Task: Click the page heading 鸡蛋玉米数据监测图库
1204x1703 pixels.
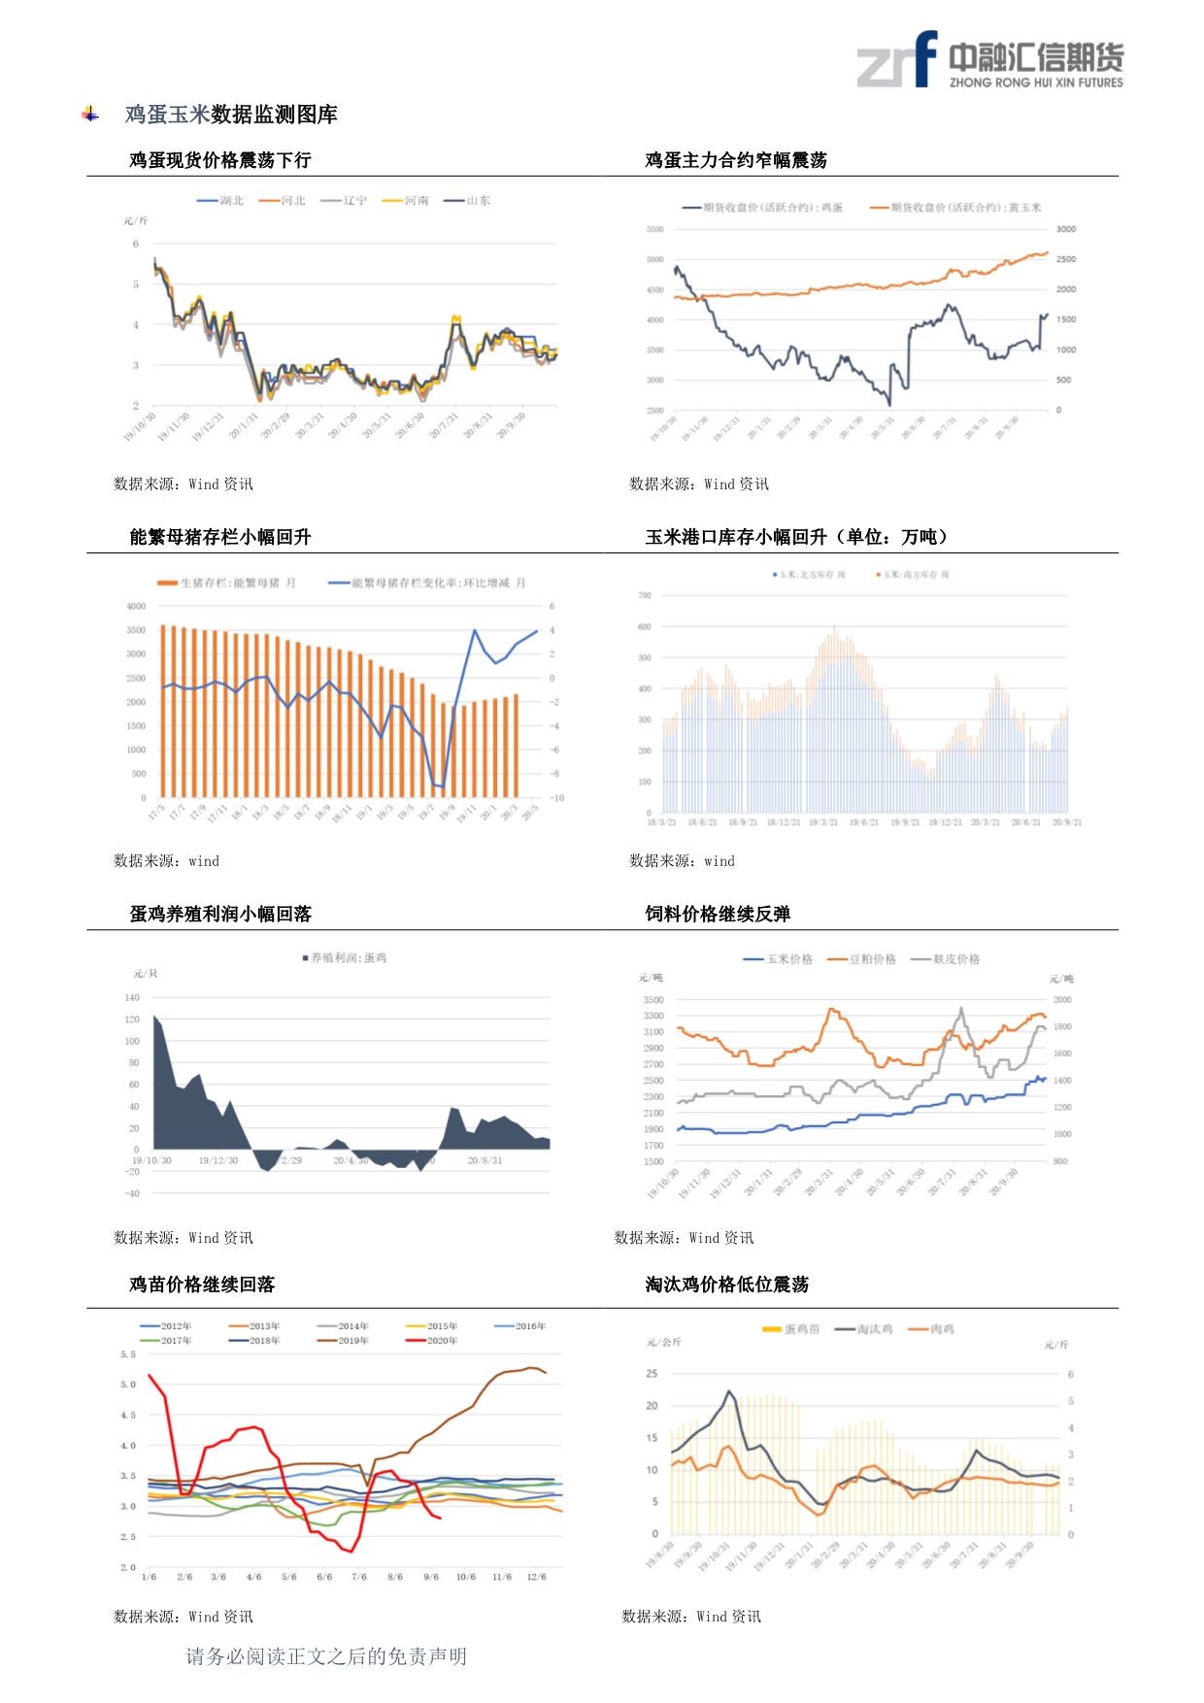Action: (231, 115)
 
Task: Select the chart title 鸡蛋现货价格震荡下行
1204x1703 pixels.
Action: (219, 160)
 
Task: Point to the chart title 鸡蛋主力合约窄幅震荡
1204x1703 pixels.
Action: (735, 160)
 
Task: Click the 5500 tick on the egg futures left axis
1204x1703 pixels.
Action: (654, 230)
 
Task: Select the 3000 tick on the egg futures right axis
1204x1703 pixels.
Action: (1065, 230)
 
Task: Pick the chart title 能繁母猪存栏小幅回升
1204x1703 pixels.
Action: (219, 537)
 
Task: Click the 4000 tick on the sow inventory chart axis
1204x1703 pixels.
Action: (136, 606)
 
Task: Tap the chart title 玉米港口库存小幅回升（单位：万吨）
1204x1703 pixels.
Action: (796, 537)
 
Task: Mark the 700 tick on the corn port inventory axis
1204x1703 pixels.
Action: (645, 595)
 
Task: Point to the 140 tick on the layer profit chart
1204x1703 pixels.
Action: (132, 998)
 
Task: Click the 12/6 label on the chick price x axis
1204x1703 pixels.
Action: (536, 1577)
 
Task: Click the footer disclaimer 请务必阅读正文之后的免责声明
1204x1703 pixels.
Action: (326, 1656)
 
